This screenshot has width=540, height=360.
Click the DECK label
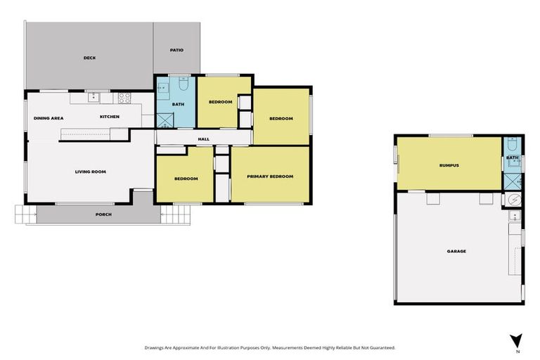click(89, 58)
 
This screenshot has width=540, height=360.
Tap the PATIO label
click(177, 50)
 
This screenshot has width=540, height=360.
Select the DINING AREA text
click(49, 117)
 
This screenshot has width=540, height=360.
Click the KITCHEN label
click(109, 116)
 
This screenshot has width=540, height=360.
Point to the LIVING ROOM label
click(90, 171)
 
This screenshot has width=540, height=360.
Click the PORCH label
click(103, 214)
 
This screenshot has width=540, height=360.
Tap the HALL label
click(203, 139)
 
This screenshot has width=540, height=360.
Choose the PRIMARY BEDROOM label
click(270, 176)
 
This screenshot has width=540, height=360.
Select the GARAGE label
click(456, 250)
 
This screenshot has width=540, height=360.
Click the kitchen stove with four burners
click(124, 98)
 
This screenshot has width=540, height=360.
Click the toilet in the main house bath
click(184, 85)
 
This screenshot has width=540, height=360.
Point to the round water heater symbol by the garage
click(514, 200)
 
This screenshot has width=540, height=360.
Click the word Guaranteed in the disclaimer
click(380, 347)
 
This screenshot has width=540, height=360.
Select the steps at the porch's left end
click(25, 214)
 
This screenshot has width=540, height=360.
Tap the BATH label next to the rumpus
click(513, 157)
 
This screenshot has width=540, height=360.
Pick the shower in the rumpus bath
click(513, 181)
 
